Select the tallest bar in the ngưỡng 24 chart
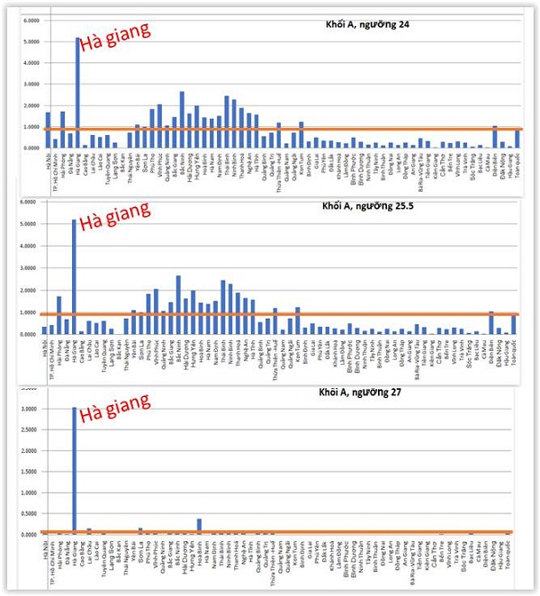coord(78,90)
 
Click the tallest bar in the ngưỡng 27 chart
coord(76,468)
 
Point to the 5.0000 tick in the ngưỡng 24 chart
coord(29,41)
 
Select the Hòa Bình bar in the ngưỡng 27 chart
coord(199,525)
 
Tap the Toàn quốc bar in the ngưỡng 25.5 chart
coord(514,324)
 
